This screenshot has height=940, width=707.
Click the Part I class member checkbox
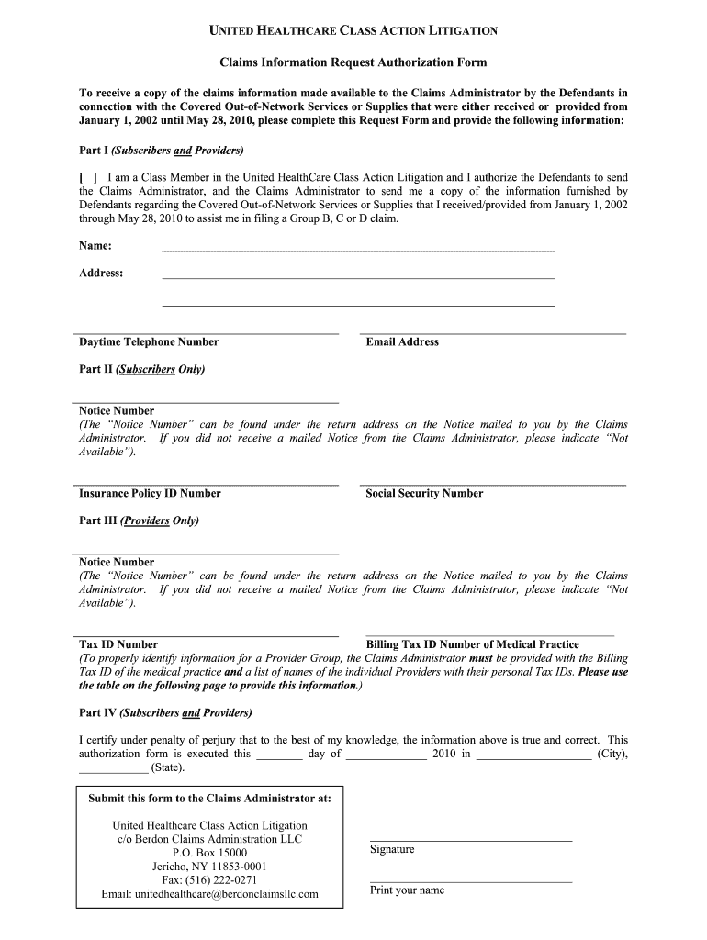pos(88,177)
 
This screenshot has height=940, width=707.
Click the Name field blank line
pos(358,248)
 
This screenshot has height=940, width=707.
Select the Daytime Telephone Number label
pos(149,341)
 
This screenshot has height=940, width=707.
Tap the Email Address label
pos(402,341)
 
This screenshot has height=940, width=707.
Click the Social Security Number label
pos(424,493)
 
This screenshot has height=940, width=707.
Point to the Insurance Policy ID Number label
pos(150,493)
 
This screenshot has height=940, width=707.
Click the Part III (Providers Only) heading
pos(139,520)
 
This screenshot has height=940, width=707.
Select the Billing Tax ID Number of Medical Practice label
pos(472,644)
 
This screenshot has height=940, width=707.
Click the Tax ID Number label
pos(118,644)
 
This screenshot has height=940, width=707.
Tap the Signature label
pos(392,849)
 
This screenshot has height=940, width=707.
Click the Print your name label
pos(407,890)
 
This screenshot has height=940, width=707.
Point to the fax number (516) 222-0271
pos(210,879)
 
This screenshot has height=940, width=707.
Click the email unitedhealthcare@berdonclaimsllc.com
pos(210,893)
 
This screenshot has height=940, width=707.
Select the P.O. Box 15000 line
pos(210,853)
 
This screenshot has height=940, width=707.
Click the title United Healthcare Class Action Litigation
pos(353,31)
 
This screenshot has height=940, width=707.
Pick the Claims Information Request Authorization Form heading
pos(353,62)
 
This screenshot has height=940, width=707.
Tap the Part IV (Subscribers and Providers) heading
pos(165,712)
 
